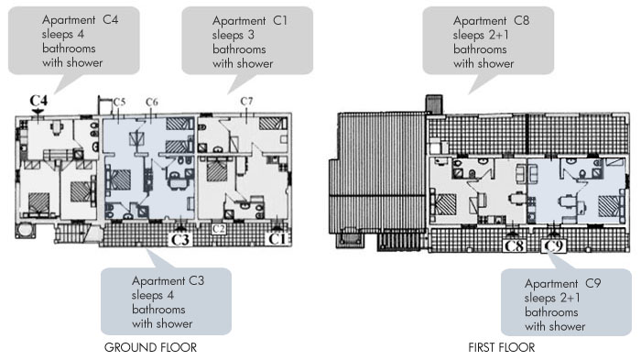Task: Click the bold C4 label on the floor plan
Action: pyautogui.click(x=38, y=100)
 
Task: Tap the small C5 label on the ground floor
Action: pyautogui.click(x=119, y=102)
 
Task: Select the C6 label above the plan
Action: pyautogui.click(x=152, y=102)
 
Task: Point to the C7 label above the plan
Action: pyautogui.click(x=246, y=101)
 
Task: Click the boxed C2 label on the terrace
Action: pyautogui.click(x=219, y=229)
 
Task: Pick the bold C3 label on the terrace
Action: pyautogui.click(x=179, y=239)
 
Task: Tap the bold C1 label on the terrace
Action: pyautogui.click(x=277, y=238)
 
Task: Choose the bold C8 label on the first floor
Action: pyautogui.click(x=514, y=245)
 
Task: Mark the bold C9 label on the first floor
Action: pyautogui.click(x=553, y=245)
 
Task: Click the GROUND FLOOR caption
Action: pyautogui.click(x=150, y=348)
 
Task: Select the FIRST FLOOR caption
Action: pyautogui.click(x=502, y=348)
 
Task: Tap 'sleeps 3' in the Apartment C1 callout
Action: pyautogui.click(x=233, y=35)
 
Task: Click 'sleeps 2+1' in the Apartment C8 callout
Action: pyautogui.click(x=481, y=35)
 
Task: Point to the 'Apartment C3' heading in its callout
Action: pyautogui.click(x=168, y=281)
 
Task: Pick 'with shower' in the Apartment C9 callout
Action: pyautogui.click(x=555, y=326)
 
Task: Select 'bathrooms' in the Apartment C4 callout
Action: pyautogui.click(x=69, y=49)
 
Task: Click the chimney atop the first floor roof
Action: pyautogui.click(x=434, y=104)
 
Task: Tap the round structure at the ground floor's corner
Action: pyautogui.click(x=25, y=230)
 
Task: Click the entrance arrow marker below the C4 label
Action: pyautogui.click(x=38, y=111)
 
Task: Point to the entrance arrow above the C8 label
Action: pyautogui.click(x=512, y=235)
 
